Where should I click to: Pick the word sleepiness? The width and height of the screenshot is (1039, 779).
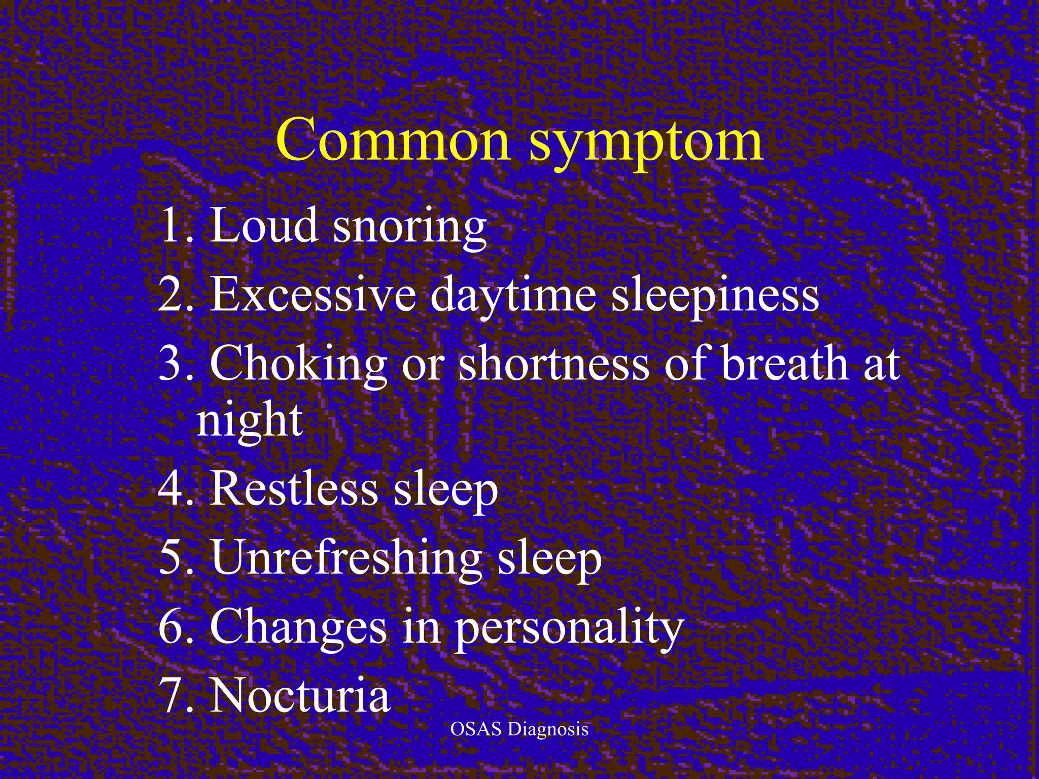pyautogui.click(x=715, y=296)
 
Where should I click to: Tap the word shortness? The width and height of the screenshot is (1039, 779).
pyautogui.click(x=553, y=364)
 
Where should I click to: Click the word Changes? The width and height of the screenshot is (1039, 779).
pyautogui.click(x=298, y=628)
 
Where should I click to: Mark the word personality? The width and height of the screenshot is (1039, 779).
pyautogui.click(x=568, y=629)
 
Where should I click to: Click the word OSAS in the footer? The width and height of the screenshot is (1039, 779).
pyautogui.click(x=476, y=729)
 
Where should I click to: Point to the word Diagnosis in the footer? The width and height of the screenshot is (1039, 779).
pyautogui.click(x=548, y=729)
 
